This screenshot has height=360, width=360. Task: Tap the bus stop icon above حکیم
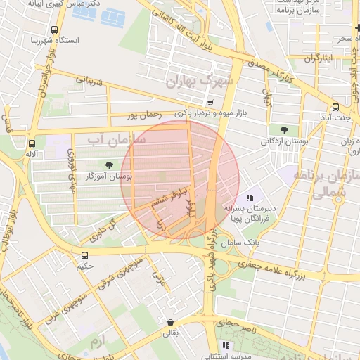(85, 255)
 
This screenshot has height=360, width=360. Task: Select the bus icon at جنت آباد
(335, 108)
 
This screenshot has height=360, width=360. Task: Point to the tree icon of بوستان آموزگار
(108, 165)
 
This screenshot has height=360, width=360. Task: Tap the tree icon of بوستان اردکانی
(283, 129)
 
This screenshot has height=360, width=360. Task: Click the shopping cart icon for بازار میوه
(210, 103)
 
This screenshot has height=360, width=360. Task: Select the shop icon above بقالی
(169, 323)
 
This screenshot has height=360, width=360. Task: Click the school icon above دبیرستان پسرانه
(250, 198)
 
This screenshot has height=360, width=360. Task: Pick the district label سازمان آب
(116, 140)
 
